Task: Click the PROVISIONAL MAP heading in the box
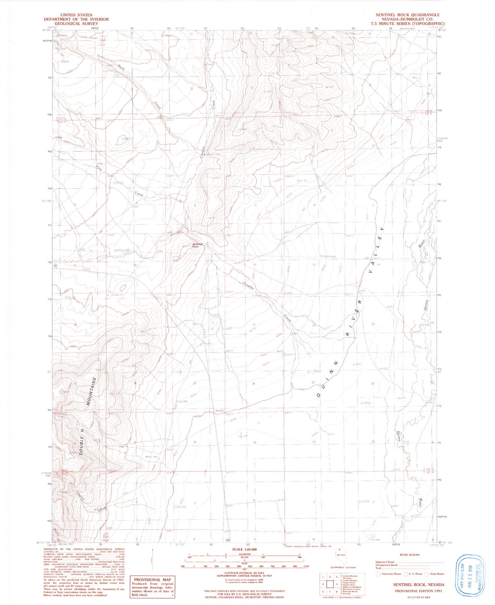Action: (152, 579)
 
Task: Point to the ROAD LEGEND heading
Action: (410, 555)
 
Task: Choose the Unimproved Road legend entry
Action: (386, 565)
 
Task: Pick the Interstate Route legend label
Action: (391, 574)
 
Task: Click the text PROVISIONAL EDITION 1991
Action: (418, 590)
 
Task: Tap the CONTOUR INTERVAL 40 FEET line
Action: (244, 573)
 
